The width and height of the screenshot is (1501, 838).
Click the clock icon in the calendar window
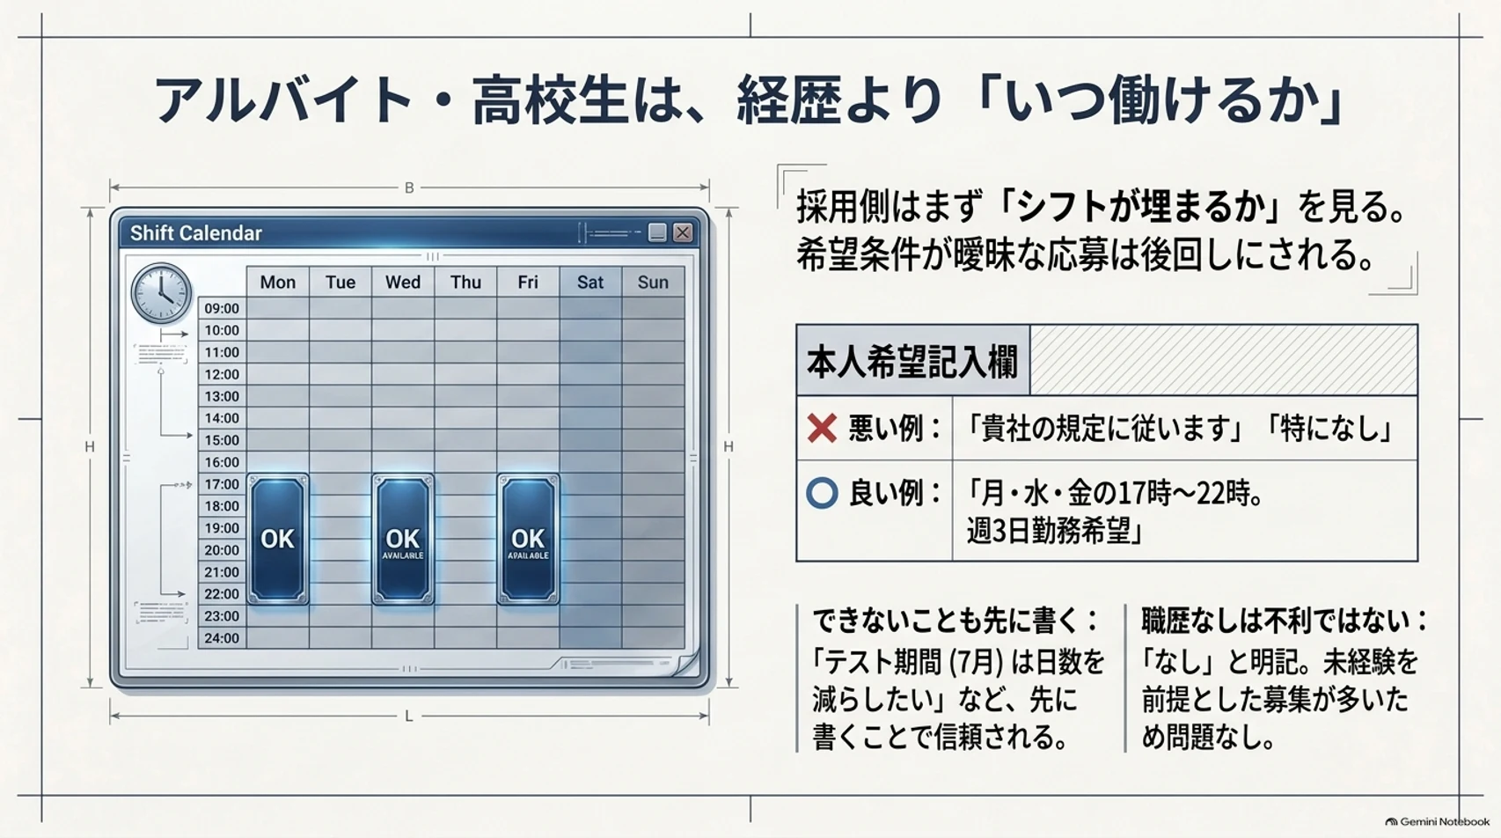click(x=162, y=292)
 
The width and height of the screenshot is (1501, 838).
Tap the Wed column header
click(x=403, y=283)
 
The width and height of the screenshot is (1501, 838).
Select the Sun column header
click(x=653, y=283)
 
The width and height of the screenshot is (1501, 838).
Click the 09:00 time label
click(x=222, y=308)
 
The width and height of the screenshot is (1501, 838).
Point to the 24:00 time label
click(x=222, y=638)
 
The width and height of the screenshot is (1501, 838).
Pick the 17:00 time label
click(x=222, y=484)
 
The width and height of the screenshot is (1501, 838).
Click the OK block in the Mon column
click(x=277, y=539)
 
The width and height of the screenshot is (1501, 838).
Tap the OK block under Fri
click(x=528, y=539)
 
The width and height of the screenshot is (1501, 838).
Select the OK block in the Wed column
click(x=403, y=539)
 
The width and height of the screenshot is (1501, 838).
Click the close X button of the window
click(x=683, y=232)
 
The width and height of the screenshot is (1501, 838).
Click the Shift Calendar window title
click(x=195, y=233)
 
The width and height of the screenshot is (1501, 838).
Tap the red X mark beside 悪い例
click(x=822, y=428)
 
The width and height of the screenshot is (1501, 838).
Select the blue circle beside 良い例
click(x=822, y=493)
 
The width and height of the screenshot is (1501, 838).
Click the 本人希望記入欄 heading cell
click(x=912, y=361)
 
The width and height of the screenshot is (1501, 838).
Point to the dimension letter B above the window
click(x=409, y=188)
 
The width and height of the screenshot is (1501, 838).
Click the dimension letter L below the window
click(x=409, y=717)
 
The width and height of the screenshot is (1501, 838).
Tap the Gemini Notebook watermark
click(x=1438, y=822)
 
